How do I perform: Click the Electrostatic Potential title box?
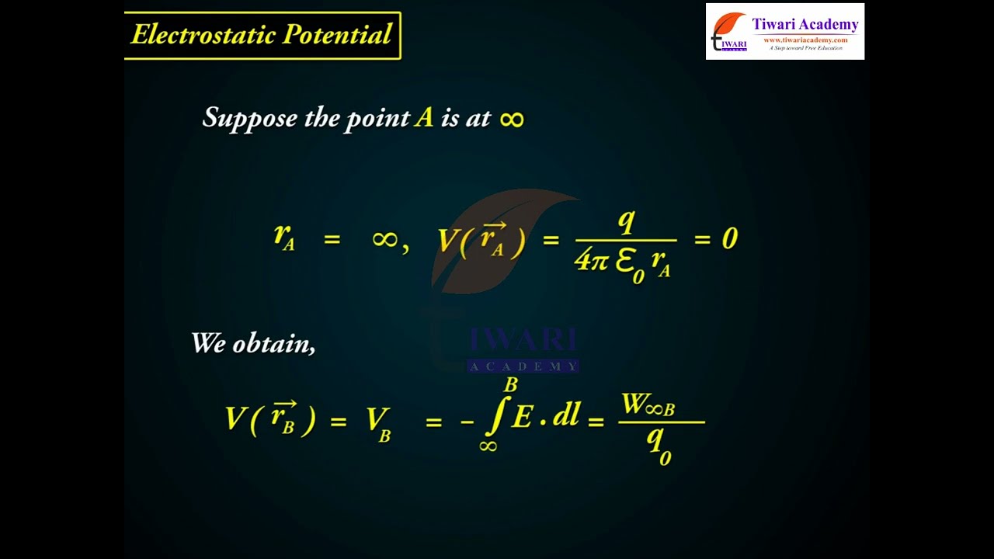point(262,35)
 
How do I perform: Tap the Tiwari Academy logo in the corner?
point(784,32)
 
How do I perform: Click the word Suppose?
point(249,118)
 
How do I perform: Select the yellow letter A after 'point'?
point(423,117)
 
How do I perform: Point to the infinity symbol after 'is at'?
point(512,119)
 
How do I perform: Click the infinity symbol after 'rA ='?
point(385,238)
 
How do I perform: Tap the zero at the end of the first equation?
point(728,238)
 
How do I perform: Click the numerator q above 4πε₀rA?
point(625,222)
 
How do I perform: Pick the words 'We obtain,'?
point(253,343)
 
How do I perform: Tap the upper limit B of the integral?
point(510,384)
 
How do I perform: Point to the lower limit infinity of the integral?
point(488,446)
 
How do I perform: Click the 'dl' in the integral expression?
point(566,416)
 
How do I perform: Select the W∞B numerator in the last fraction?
point(648,405)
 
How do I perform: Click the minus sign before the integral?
point(467,422)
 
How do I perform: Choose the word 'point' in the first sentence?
point(378,119)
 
